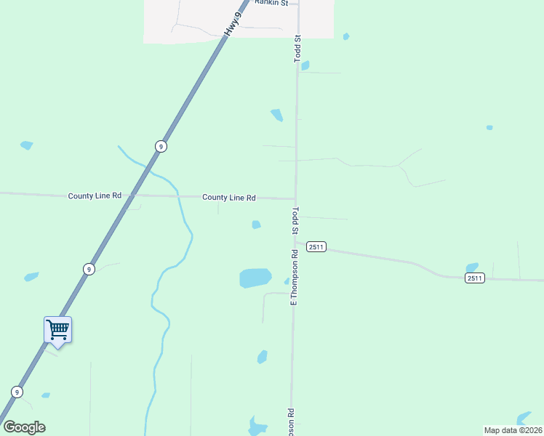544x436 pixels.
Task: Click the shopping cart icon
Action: point(57,330)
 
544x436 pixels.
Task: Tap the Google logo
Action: point(24,427)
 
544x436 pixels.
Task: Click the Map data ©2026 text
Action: point(513,430)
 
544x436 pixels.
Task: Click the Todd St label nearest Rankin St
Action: point(297,48)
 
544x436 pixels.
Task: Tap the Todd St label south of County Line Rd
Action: point(296,220)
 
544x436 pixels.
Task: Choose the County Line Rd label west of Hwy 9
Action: point(95,196)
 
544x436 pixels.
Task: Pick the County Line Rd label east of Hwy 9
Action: point(229,198)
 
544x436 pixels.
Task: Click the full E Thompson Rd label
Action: point(295,278)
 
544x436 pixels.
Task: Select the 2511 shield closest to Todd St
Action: point(316,247)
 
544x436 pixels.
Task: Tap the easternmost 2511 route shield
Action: point(474,278)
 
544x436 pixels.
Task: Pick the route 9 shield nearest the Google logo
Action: point(17,392)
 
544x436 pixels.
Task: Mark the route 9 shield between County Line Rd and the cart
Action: point(89,269)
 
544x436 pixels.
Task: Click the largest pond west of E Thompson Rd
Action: point(255,278)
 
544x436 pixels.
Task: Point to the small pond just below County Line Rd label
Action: point(256,225)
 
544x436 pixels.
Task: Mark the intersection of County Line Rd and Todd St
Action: point(295,198)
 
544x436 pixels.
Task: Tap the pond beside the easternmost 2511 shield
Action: point(472,267)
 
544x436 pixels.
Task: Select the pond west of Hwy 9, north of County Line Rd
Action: point(27,145)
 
